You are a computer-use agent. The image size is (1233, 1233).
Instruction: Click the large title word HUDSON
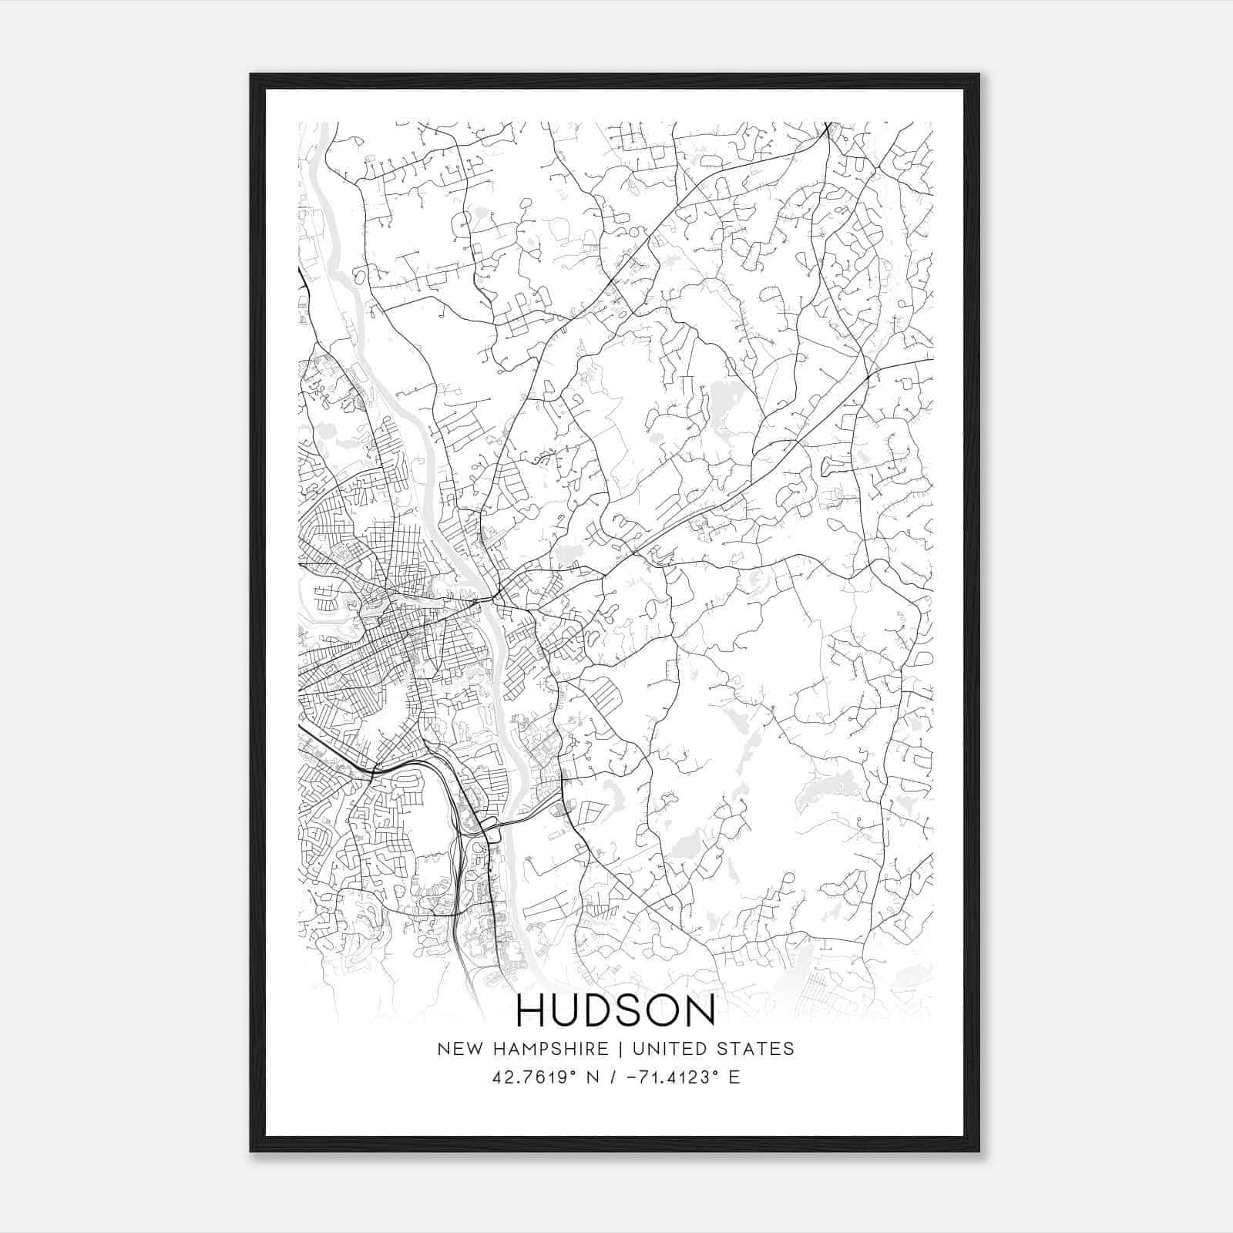click(615, 1010)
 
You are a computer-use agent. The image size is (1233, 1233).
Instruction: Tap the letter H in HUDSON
click(531, 1010)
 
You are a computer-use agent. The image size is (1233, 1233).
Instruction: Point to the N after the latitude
click(593, 1077)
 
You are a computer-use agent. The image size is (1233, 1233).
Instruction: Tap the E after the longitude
click(734, 1077)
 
